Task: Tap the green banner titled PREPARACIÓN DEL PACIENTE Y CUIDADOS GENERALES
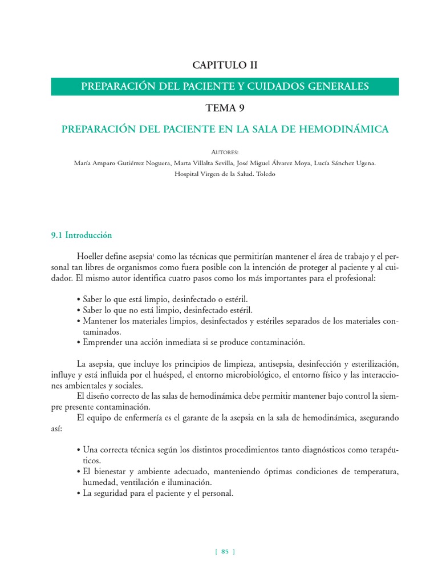225,86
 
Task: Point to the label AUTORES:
224,153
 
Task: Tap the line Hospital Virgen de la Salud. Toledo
224,174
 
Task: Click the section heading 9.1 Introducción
82,235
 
